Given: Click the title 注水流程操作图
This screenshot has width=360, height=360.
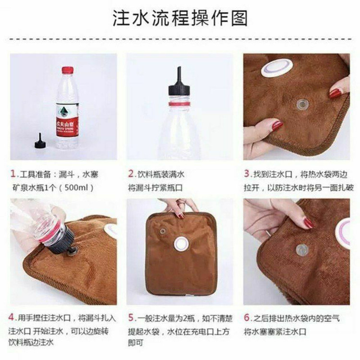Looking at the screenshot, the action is tap(180, 18).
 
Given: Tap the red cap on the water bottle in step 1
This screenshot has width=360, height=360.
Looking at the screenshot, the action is tap(68, 70).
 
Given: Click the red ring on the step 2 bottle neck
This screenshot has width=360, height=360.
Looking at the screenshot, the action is tap(180, 104).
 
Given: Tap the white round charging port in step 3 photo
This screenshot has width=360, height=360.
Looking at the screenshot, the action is tap(277, 69).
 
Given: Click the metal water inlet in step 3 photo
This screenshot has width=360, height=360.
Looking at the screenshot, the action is tap(303, 105).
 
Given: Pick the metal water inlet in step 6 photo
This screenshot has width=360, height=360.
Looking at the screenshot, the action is tap(302, 250).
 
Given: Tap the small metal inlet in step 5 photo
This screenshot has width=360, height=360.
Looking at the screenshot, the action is tap(163, 231).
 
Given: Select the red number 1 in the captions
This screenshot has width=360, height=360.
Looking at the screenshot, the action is tap(13, 174).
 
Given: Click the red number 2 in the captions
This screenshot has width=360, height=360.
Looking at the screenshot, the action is tap(131, 174).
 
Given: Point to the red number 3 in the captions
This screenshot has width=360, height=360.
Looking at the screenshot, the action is tap(247, 174).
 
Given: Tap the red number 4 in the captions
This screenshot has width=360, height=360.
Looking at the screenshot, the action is tap(12, 317).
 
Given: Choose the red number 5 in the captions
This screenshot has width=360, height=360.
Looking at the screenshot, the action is tap(131, 318).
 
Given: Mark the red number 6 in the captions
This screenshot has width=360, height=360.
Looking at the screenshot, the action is tap(247, 318).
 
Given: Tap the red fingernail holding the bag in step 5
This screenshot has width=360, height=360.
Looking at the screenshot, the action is tap(181, 216).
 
